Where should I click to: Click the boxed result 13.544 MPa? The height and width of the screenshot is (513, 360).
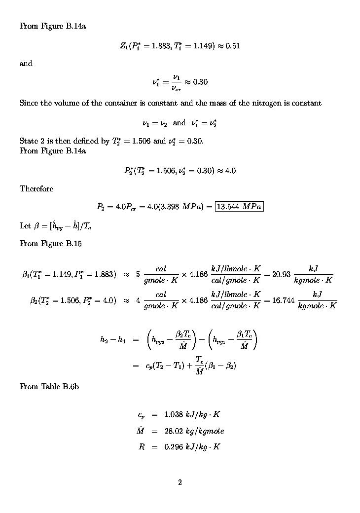(x=239, y=206)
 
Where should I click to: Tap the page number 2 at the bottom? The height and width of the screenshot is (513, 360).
(x=180, y=482)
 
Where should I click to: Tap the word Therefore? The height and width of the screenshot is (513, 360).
(x=36, y=188)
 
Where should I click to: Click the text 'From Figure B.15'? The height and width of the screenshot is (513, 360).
(x=50, y=243)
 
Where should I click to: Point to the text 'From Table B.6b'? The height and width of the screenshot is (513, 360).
(x=49, y=387)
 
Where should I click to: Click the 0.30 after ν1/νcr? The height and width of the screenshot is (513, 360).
(x=200, y=82)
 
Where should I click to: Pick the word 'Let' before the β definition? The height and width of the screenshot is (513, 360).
(x=25, y=226)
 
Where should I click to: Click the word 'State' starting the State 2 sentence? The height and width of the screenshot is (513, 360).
(x=29, y=141)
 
